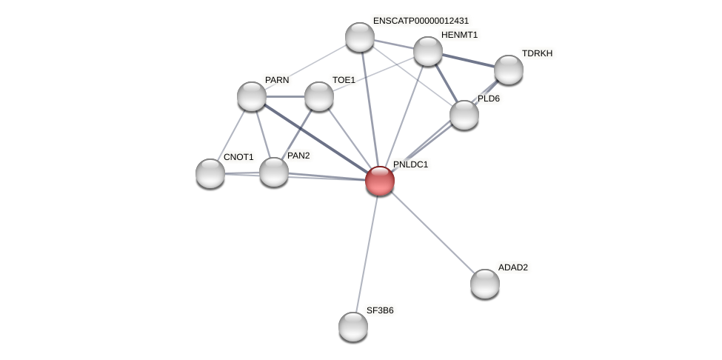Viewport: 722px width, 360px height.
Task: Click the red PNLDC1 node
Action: point(380,181)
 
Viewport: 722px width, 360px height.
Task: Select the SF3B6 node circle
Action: point(353,327)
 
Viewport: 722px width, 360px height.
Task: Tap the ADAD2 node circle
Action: point(485,284)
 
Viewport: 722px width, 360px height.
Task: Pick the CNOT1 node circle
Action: point(210,173)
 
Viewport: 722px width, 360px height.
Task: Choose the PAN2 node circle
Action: point(274,172)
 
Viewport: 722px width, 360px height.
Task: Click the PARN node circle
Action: point(252,96)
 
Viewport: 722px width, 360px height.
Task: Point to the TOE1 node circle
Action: point(319,96)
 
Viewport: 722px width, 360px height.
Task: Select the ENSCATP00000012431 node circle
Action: point(360,37)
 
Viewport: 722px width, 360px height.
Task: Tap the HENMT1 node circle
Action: point(428,51)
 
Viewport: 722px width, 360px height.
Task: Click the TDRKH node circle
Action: point(509,70)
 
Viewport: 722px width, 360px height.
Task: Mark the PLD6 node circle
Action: point(464,115)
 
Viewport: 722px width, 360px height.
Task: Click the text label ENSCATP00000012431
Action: point(421,21)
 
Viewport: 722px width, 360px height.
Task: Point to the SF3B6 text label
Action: point(380,310)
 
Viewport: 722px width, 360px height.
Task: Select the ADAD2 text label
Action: point(512,267)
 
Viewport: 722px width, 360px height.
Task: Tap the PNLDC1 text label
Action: point(410,164)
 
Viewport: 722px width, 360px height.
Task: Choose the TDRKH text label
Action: point(537,53)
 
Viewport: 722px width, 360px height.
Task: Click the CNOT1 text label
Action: point(238,157)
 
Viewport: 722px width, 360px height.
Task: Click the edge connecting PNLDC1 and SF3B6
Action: point(367,253)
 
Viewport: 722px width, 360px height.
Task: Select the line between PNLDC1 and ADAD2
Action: point(432,232)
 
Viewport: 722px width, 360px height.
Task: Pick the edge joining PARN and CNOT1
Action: point(231,135)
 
